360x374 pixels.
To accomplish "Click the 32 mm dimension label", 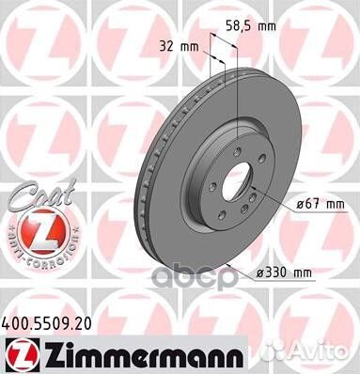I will point(179,43).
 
